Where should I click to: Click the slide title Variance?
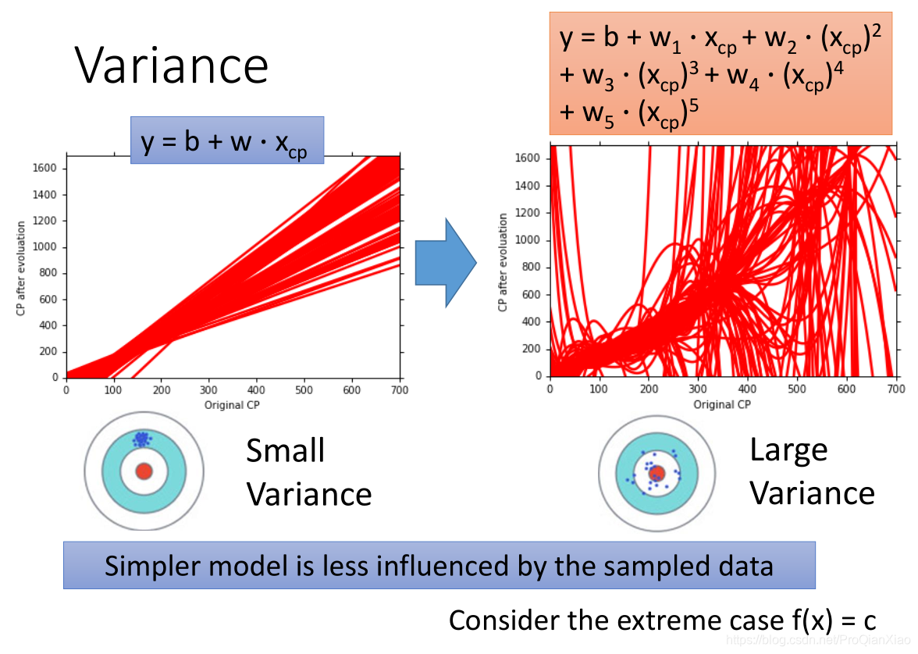point(172,66)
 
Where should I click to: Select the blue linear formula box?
point(226,140)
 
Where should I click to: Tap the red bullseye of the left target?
point(144,471)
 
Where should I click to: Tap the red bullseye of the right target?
point(657,473)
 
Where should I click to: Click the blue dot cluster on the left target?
point(141,439)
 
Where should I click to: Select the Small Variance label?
point(308,472)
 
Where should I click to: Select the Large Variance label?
point(812,471)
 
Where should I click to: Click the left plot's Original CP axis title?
point(233,405)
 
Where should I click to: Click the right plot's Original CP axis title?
point(722,404)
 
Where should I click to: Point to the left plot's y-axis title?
point(21,268)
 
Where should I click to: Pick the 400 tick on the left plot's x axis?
point(257,390)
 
